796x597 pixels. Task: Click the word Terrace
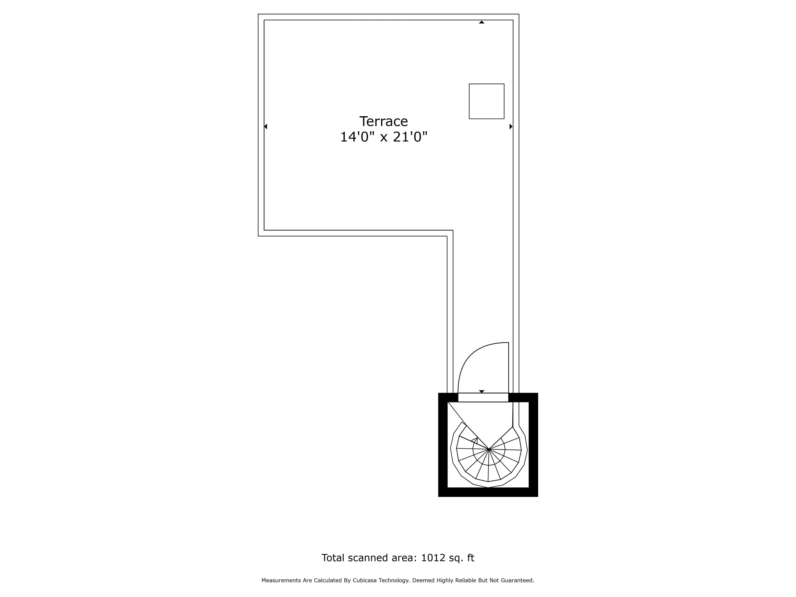point(384,121)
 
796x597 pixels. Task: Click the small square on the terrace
point(487,101)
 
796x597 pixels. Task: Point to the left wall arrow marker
point(266,126)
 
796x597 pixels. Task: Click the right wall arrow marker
point(511,126)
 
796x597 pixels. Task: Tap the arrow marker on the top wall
point(482,22)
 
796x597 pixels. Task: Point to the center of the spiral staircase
point(489,449)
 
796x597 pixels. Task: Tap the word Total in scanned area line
point(332,558)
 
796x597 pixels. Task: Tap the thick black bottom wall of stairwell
point(488,492)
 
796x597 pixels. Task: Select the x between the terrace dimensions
point(384,138)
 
